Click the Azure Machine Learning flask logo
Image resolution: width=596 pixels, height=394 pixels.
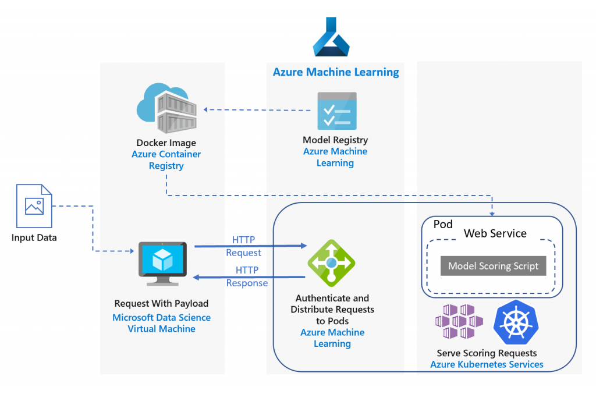pyautogui.click(x=331, y=38)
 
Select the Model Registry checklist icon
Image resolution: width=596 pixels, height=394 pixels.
pyautogui.click(x=336, y=111)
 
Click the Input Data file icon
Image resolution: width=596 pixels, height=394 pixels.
pyautogui.click(x=33, y=206)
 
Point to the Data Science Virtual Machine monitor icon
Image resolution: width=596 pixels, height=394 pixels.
pyautogui.click(x=162, y=264)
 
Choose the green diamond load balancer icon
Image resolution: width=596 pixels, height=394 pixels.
pyautogui.click(x=331, y=263)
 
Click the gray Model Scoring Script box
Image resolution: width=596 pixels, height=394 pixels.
pyautogui.click(x=493, y=266)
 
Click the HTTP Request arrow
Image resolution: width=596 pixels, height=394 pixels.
pyautogui.click(x=250, y=246)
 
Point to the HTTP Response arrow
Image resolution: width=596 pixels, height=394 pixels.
pyautogui.click(x=250, y=277)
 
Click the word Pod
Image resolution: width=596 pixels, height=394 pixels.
pyautogui.click(x=444, y=225)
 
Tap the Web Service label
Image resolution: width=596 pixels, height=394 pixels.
pyautogui.click(x=495, y=233)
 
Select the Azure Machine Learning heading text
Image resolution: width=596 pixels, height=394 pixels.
pyautogui.click(x=336, y=72)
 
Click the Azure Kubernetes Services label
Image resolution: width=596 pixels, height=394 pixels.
pyautogui.click(x=487, y=364)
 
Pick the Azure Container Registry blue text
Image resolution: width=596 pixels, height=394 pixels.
pyautogui.click(x=166, y=160)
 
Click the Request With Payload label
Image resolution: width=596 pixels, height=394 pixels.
pyautogui.click(x=161, y=303)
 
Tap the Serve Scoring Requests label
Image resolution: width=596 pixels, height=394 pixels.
pyautogui.click(x=487, y=353)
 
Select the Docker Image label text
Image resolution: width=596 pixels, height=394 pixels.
pyautogui.click(x=166, y=143)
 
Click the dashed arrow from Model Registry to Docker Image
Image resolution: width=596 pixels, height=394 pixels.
pyautogui.click(x=256, y=109)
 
